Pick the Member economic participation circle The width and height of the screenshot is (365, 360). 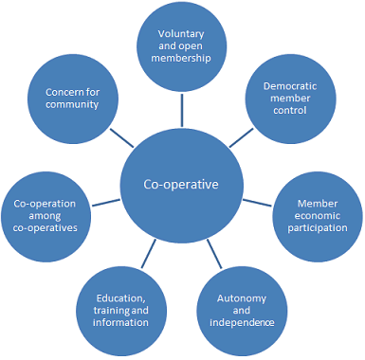[316, 215]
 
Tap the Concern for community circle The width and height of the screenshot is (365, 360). [72, 98]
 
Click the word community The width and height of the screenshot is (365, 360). [72, 104]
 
